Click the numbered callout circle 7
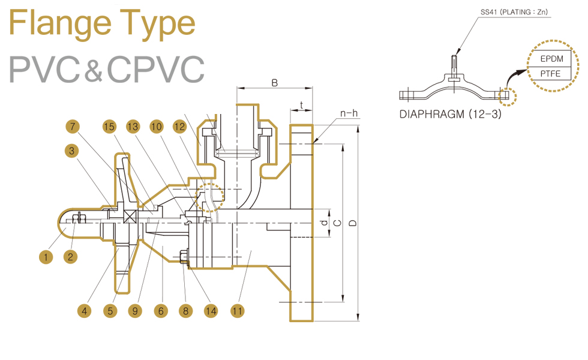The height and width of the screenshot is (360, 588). click(73, 127)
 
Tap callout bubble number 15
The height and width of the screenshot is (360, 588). click(109, 127)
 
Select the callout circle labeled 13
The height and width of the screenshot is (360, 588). click(133, 127)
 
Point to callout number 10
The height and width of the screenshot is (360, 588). click(157, 127)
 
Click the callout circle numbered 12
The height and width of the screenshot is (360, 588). click(179, 127)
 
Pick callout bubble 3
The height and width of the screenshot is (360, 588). click(72, 151)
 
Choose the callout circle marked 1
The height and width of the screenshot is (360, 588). click(46, 258)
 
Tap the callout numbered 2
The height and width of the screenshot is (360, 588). click(70, 258)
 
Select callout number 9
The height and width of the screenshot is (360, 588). click(134, 311)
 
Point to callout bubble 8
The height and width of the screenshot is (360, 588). click(185, 311)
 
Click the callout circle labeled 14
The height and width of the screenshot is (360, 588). click(210, 311)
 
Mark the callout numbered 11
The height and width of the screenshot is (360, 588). click(238, 311)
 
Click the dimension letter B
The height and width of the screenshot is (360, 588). click(275, 83)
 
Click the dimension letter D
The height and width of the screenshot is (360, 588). click(353, 223)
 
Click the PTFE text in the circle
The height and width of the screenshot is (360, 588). click(550, 74)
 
